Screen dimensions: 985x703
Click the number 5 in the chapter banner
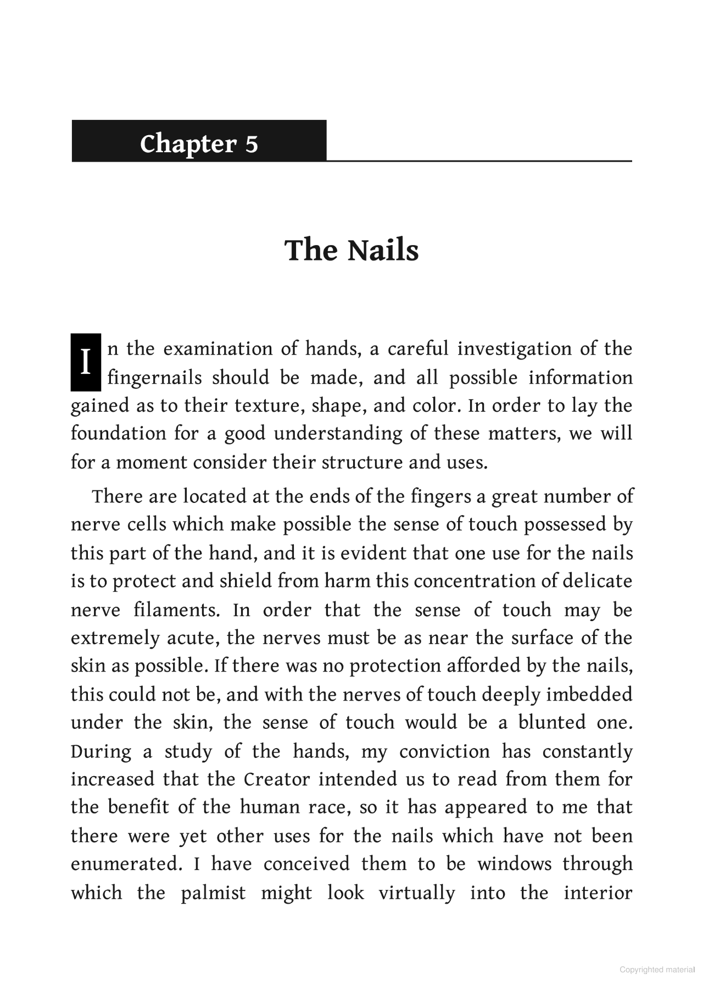(251, 144)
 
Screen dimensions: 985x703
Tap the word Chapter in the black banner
(187, 144)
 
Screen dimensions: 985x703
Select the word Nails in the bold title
(383, 250)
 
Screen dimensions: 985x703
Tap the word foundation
(118, 434)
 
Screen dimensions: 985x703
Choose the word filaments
(175, 610)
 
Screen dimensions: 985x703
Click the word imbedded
(589, 694)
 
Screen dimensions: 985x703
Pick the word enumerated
(126, 864)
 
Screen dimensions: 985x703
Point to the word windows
(514, 864)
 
